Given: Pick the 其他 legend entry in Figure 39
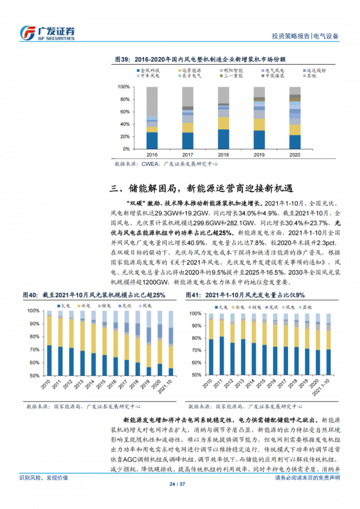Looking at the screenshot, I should point(309,76).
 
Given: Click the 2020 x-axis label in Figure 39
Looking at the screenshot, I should point(295,154).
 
